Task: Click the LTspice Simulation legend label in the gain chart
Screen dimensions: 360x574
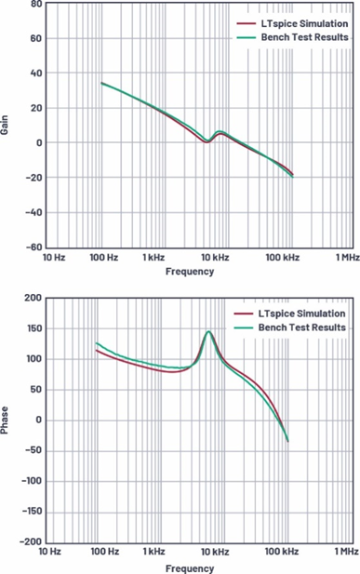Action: coord(304,24)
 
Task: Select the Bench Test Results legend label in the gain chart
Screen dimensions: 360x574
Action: coord(305,37)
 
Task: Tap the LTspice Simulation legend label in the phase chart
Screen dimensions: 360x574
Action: coord(301,314)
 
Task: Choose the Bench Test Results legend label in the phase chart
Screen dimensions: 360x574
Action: coord(301,327)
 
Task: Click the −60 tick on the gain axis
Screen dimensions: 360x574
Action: coord(33,247)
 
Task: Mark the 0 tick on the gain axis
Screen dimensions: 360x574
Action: coord(39,142)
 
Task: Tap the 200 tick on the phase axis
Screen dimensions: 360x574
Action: coord(33,298)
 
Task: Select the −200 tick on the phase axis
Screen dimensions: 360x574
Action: coord(32,541)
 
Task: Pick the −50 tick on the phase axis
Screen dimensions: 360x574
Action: coord(33,450)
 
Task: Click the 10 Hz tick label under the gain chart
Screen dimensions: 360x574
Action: coord(54,258)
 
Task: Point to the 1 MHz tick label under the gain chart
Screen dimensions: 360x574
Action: coord(348,258)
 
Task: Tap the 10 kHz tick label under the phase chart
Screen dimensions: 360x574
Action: coord(215,552)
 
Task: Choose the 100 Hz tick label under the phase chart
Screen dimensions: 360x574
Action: coord(105,552)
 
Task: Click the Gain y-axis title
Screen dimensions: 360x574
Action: coord(5,125)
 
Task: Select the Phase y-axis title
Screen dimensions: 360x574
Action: coord(5,420)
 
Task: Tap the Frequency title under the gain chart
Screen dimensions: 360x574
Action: coord(190,272)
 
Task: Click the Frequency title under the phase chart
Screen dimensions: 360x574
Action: coord(190,568)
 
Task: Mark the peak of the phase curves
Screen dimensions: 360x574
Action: coord(208,332)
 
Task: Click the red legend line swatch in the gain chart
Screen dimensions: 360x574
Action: coord(247,24)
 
